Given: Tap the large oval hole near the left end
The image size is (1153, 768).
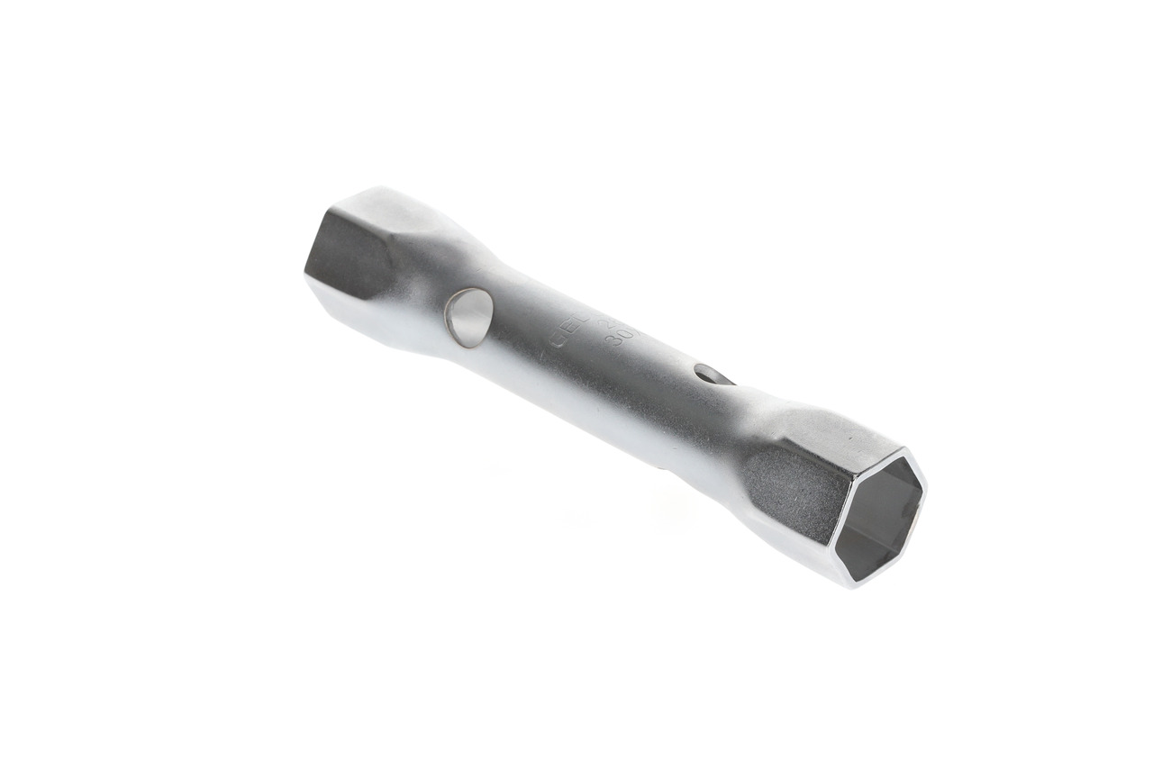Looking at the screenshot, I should click(x=469, y=318).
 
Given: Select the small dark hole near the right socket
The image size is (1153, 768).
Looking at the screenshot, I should click(x=713, y=374).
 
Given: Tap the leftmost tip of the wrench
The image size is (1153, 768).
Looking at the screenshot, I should click(x=305, y=270).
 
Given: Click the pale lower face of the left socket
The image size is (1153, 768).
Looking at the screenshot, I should click(x=360, y=315).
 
